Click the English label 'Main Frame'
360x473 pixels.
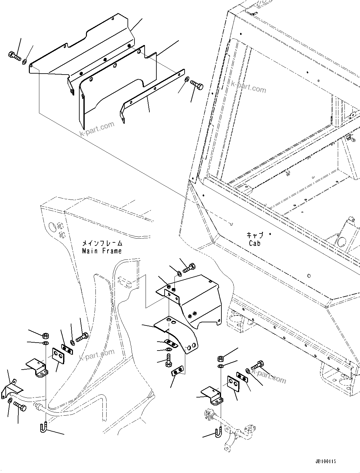coord(101,251)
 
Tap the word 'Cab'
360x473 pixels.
coord(254,243)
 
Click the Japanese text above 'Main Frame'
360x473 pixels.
coord(102,243)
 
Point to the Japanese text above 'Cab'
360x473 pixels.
coord(255,235)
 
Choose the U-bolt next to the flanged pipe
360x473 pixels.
coord(218,432)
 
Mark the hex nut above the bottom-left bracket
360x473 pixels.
coord(45,335)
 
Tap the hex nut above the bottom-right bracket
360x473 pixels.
coord(220,358)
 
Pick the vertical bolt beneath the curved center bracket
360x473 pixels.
coord(168,361)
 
